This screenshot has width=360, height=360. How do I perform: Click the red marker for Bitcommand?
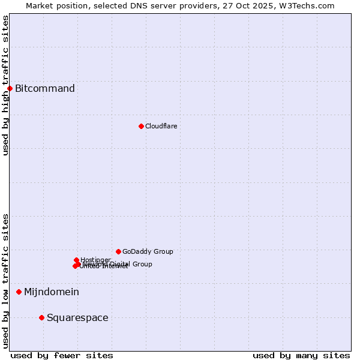[x=10, y=89]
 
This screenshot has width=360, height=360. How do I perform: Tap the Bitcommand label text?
[x=45, y=89]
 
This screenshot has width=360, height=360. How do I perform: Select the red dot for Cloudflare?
[x=141, y=126]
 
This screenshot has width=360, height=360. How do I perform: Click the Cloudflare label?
[x=161, y=126]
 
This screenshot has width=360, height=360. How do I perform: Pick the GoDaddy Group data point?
[x=118, y=251]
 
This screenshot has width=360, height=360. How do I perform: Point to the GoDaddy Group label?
[x=148, y=251]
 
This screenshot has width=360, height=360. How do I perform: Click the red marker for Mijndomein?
[x=19, y=292]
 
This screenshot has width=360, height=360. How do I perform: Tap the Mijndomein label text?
[x=52, y=292]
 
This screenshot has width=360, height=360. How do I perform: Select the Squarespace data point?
[x=41, y=317]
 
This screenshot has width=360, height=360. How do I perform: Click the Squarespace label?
[x=77, y=318]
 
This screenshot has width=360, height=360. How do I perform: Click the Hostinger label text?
[x=96, y=260]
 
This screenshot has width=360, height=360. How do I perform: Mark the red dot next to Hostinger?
[x=76, y=260]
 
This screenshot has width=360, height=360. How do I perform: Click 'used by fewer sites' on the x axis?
[x=62, y=355]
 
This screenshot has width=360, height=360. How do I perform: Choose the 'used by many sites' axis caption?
[x=301, y=355]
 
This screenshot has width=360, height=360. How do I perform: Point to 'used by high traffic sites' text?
[x=5, y=85]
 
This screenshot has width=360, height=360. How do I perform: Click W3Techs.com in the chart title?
[x=309, y=5]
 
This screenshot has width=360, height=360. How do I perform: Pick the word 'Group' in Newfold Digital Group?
[x=142, y=264]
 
